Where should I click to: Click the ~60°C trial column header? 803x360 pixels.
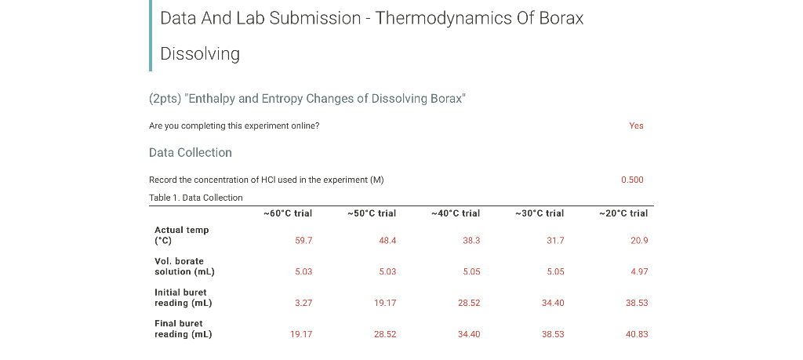[288, 213]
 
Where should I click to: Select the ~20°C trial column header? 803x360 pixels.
[623, 213]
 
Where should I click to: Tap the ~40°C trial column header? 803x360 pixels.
[456, 213]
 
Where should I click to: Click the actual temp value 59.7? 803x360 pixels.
[303, 241]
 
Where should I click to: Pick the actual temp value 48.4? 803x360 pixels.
[387, 241]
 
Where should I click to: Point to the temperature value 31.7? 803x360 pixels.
[555, 241]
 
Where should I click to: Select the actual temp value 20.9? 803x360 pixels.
[639, 241]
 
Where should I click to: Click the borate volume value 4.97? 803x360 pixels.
[639, 272]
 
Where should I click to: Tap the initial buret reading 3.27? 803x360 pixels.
[303, 303]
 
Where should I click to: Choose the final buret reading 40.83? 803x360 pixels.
[637, 334]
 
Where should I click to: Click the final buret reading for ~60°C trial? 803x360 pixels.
[301, 334]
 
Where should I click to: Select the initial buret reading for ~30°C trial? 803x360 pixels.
[553, 303]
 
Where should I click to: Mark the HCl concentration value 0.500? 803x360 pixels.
[632, 180]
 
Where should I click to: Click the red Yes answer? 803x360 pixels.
[636, 125]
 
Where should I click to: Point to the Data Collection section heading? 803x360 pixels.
[190, 152]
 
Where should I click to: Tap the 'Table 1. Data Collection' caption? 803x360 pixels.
[195, 198]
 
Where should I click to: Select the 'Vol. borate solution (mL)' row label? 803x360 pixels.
[184, 266]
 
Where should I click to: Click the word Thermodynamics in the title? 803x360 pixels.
[448, 18]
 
